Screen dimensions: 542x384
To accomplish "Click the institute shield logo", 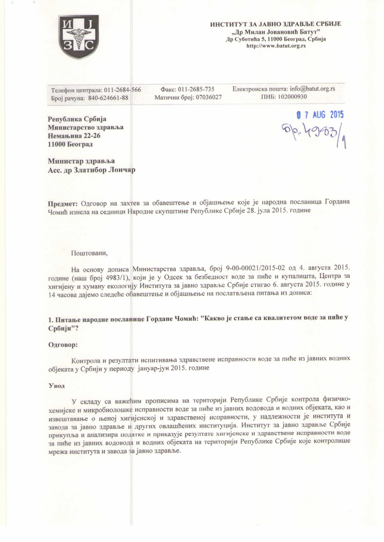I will point(79,37).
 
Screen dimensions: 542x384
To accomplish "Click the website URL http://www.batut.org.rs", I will point(276,46).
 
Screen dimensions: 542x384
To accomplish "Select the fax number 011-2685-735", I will point(196,89).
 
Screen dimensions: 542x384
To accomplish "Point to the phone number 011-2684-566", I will point(122,90).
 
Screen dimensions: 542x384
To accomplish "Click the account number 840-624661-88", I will point(108,98).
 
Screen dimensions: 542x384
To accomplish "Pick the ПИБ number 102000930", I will point(292,97).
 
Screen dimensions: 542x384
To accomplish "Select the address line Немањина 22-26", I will point(74,136).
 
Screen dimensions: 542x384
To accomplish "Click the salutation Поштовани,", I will point(89,253).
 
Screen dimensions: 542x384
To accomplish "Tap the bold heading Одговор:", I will point(63,345).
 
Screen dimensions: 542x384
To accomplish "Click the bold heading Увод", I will point(57,386).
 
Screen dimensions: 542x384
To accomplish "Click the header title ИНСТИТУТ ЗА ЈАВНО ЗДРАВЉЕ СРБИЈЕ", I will point(275,24).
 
